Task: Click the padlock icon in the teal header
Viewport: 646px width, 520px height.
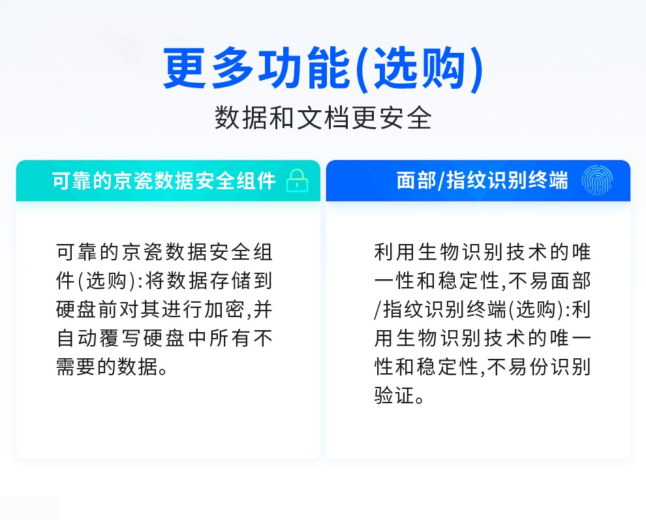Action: pyautogui.click(x=298, y=181)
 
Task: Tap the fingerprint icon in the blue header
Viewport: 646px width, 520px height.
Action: pyautogui.click(x=597, y=180)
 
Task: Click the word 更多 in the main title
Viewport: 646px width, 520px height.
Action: pyautogui.click(x=208, y=69)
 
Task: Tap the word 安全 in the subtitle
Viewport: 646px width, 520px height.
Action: pyautogui.click(x=406, y=118)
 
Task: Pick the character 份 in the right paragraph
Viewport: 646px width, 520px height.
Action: pyautogui.click(x=540, y=367)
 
